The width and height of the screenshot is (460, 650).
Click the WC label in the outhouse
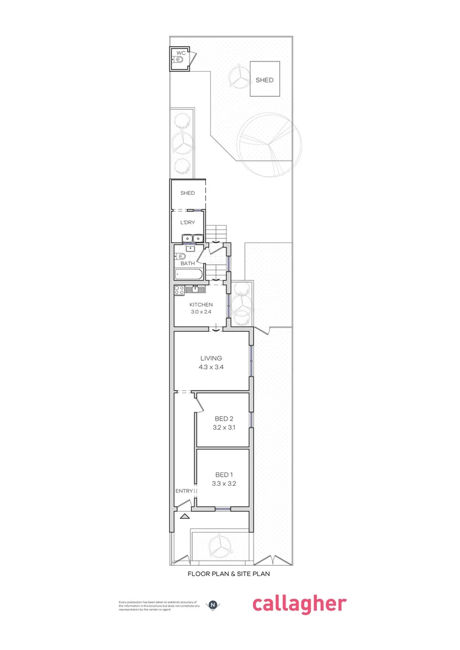tap(181, 54)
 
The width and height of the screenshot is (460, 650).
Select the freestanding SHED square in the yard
tap(264, 79)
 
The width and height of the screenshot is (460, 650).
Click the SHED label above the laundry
tap(188, 193)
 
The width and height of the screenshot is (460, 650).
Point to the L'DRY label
tap(188, 222)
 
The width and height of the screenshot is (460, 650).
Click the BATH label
tap(188, 264)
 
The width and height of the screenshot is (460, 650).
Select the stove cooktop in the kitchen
tap(179, 290)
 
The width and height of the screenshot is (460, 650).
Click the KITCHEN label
tap(200, 305)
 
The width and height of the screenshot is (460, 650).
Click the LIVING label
tap(211, 358)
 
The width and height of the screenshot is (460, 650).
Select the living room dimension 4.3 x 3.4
tap(211, 367)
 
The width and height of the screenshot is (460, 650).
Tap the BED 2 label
tap(223, 419)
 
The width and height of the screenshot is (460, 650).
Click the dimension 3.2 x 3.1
tap(223, 428)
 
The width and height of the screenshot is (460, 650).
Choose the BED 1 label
tap(223, 474)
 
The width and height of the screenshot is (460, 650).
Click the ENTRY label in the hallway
tap(184, 491)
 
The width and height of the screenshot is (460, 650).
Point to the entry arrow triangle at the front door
tap(184, 516)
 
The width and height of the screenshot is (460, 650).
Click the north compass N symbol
tap(213, 604)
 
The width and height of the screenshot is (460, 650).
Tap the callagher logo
tap(299, 604)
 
